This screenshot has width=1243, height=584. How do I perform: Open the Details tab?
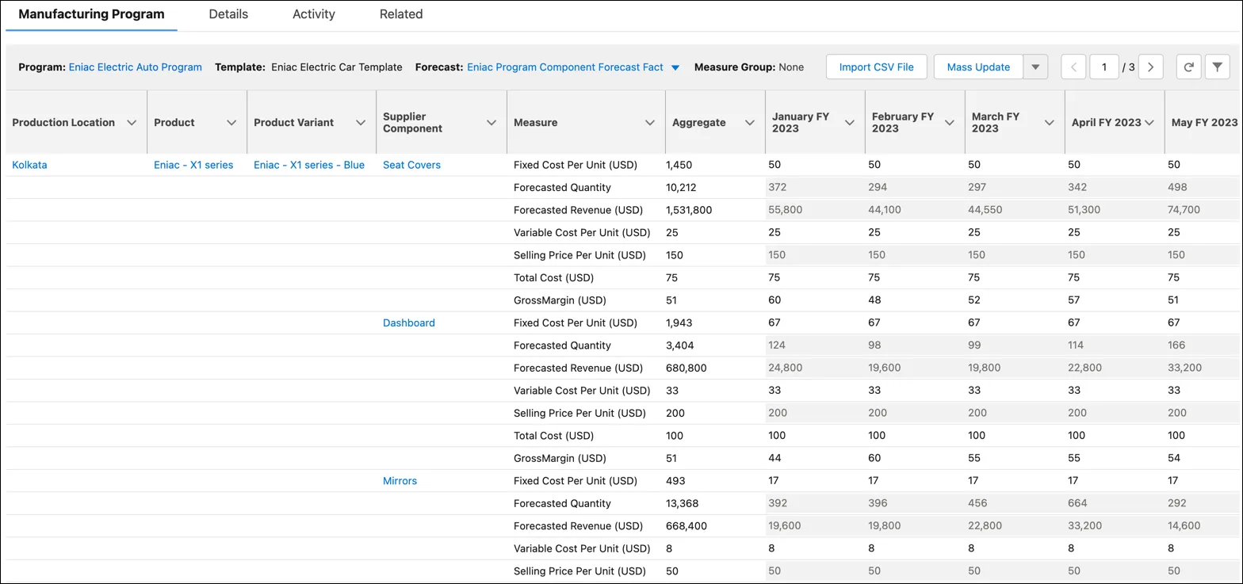(x=228, y=14)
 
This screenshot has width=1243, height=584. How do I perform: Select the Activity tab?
(x=313, y=14)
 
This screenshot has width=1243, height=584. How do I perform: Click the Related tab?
(x=400, y=14)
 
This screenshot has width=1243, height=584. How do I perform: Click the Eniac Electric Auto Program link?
(x=135, y=67)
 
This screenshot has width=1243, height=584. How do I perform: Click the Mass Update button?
(x=978, y=67)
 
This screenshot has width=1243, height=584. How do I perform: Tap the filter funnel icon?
(x=1217, y=67)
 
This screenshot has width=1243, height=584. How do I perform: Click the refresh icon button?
(x=1188, y=67)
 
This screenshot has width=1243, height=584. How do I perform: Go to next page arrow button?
(x=1150, y=67)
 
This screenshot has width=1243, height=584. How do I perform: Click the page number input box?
(x=1103, y=67)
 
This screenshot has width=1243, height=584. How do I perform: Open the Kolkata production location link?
(x=29, y=165)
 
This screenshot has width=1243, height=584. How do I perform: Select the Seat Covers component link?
(x=411, y=165)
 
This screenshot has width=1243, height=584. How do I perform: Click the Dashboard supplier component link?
(x=408, y=323)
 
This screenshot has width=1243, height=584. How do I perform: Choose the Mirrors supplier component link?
(x=400, y=481)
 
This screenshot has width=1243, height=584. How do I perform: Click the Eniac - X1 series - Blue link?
(x=309, y=165)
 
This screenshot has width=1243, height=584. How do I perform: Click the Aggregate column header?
(x=698, y=123)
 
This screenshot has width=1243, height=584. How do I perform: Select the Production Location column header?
(x=63, y=123)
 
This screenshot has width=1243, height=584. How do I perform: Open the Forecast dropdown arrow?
(x=675, y=68)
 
